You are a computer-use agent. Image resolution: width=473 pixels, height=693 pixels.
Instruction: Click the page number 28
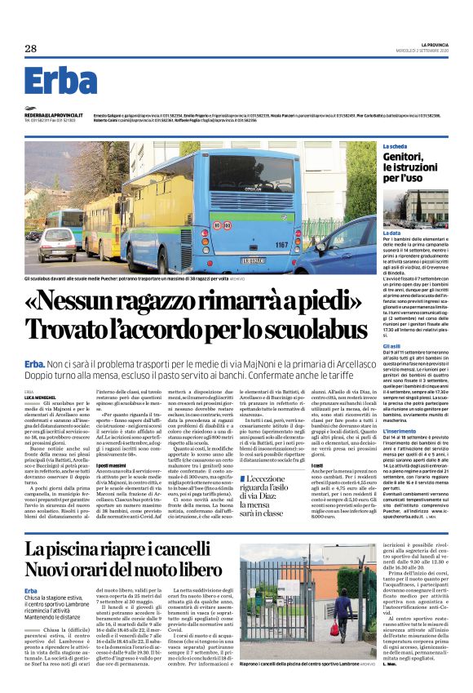tap(31, 48)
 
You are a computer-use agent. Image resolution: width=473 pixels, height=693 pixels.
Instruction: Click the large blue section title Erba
tap(60, 81)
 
